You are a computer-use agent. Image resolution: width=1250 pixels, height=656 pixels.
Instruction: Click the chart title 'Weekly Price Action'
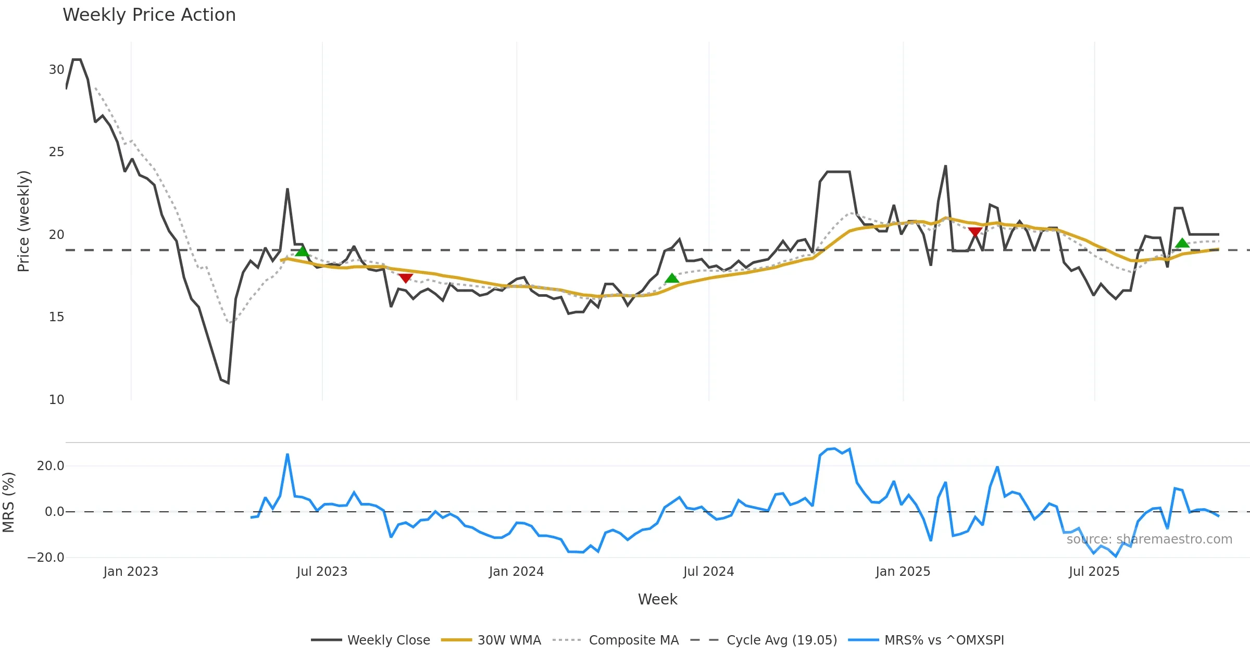pyautogui.click(x=149, y=15)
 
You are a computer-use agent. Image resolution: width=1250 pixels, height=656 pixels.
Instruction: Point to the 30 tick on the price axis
pyautogui.click(x=56, y=70)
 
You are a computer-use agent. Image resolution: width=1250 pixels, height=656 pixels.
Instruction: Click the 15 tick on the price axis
pyautogui.click(x=56, y=317)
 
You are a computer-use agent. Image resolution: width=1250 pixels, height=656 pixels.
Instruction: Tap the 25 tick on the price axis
pyautogui.click(x=56, y=152)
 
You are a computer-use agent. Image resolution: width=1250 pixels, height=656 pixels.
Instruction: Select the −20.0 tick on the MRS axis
pyautogui.click(x=46, y=558)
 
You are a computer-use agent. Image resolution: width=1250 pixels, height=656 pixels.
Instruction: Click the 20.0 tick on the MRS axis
pyautogui.click(x=51, y=466)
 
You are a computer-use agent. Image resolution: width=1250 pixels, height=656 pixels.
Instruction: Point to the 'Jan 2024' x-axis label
pyautogui.click(x=516, y=572)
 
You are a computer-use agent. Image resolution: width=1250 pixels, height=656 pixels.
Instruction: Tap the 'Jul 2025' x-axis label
pyautogui.click(x=1094, y=572)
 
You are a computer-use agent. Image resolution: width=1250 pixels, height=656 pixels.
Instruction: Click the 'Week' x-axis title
pyautogui.click(x=657, y=600)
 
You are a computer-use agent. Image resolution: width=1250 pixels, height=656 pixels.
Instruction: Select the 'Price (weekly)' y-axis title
pyautogui.click(x=23, y=221)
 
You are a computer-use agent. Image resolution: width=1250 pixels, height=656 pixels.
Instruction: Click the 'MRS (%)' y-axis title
pyautogui.click(x=8, y=502)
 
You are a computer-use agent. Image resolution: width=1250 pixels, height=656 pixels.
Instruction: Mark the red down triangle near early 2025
pyautogui.click(x=975, y=232)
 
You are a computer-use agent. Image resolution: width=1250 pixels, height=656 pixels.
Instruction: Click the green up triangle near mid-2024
pyautogui.click(x=672, y=279)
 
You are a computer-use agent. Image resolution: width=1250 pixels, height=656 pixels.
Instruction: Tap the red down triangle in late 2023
pyautogui.click(x=405, y=279)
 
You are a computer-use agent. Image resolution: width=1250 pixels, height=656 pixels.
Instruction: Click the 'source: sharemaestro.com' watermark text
pyautogui.click(x=1149, y=539)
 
